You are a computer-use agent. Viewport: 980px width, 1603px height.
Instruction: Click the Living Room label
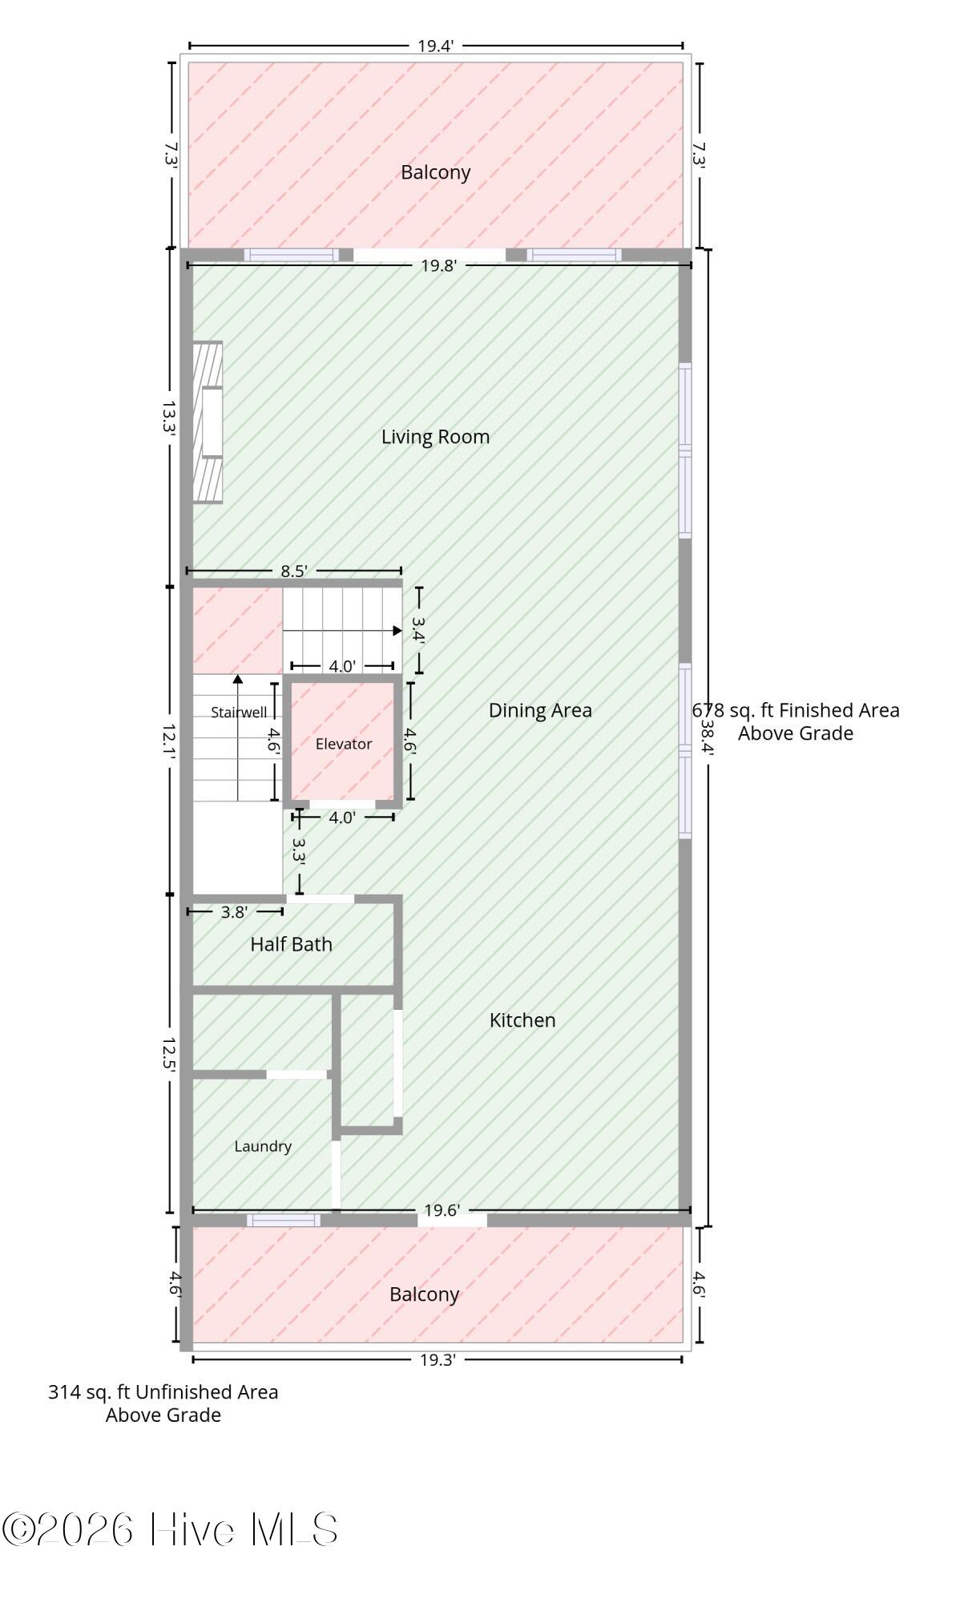point(435,437)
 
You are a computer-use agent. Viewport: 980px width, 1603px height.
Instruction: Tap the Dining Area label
point(540,710)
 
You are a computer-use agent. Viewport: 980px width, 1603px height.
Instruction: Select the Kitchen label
point(522,1020)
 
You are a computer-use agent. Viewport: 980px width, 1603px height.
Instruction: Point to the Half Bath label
point(291,944)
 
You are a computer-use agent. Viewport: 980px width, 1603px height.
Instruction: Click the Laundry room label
point(263,1146)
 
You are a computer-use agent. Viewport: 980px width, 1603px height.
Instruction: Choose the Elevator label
point(344,744)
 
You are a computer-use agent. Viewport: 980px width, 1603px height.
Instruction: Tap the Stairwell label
point(239,712)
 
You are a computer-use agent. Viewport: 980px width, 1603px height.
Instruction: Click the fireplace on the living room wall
point(208,422)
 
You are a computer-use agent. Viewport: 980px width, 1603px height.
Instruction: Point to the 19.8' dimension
point(439,266)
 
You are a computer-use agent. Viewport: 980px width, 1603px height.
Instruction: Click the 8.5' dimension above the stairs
point(294,571)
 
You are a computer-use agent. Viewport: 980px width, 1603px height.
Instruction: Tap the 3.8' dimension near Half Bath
point(234,912)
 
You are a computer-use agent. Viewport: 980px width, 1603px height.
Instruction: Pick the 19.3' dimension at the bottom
point(438,1359)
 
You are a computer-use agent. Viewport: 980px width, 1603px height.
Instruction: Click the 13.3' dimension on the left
point(169,418)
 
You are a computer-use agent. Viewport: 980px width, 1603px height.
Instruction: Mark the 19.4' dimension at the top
point(436,46)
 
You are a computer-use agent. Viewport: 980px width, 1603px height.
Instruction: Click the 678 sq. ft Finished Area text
point(796,721)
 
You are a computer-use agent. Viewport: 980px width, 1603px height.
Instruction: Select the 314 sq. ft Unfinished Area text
point(163,1403)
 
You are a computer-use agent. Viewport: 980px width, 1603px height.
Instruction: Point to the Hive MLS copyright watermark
point(170,1530)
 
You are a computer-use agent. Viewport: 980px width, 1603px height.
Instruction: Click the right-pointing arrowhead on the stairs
point(397,631)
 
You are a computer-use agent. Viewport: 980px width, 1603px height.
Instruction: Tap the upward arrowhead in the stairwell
point(238,680)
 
